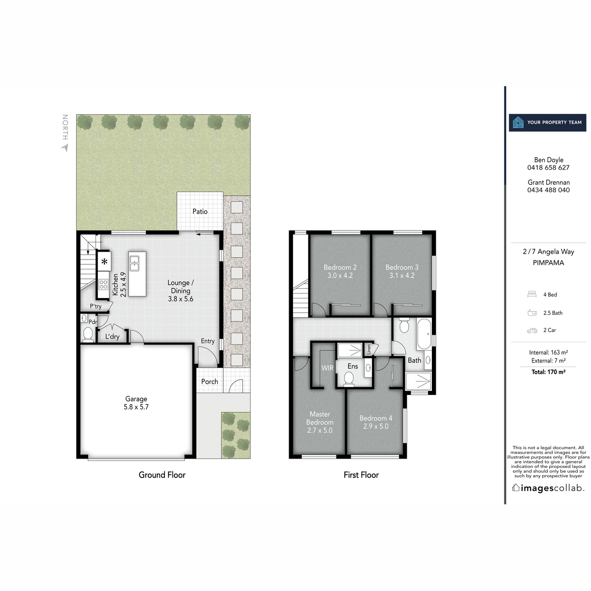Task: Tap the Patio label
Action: [x=200, y=211]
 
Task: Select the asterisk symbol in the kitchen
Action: [x=104, y=262]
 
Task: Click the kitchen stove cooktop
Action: [x=103, y=284]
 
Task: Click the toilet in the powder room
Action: [x=88, y=334]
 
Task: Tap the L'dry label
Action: [x=112, y=337]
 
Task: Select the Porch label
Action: [x=209, y=382]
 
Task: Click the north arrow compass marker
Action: [x=65, y=147]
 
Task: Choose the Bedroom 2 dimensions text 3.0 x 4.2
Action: [x=340, y=276]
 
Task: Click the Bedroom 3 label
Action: [x=402, y=267]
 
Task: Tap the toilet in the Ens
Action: [x=349, y=379]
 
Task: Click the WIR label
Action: [x=328, y=368]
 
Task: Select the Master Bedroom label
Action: [x=320, y=418]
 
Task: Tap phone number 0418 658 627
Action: [x=548, y=167]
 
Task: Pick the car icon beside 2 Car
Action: [x=532, y=330]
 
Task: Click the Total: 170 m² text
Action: [x=548, y=372]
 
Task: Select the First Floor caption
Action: [x=361, y=475]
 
